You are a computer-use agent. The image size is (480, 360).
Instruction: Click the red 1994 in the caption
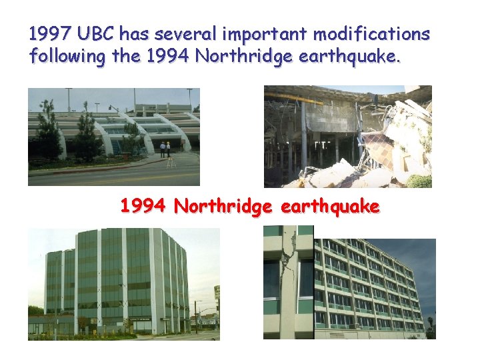pos(143,207)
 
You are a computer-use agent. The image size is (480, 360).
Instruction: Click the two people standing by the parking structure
pos(165,149)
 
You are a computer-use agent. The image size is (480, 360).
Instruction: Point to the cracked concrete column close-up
pos(288,280)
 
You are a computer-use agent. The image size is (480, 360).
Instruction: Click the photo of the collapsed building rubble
pos(347,137)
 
